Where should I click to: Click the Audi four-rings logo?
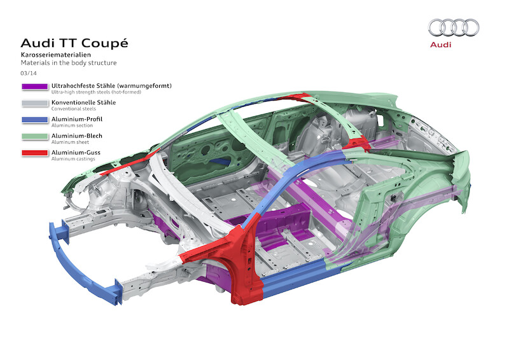[x=453, y=27]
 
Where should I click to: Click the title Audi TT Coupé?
[x=74, y=43]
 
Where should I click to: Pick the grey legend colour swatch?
[x=34, y=103]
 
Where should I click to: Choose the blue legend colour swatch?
[x=34, y=120]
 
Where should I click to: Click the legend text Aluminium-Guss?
[x=76, y=152]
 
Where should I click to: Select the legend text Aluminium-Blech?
[x=77, y=135]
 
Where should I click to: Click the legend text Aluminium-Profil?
[x=77, y=118]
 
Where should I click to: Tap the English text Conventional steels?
[x=73, y=108]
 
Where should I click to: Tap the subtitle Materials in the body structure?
[x=69, y=63]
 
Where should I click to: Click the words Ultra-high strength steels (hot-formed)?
[x=95, y=92]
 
